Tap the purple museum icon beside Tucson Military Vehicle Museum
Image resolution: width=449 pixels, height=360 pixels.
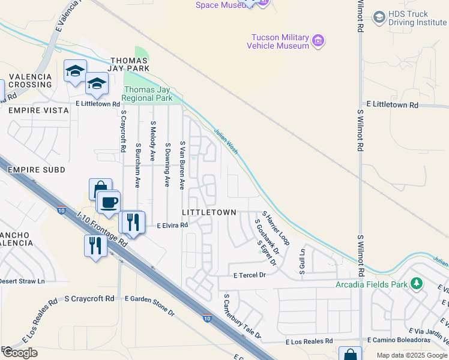(x=319, y=41)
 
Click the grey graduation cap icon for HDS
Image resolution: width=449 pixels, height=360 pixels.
(x=379, y=17)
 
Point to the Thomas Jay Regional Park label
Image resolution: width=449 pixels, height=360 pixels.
(x=148, y=94)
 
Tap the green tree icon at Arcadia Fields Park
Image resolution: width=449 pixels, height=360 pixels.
(x=415, y=284)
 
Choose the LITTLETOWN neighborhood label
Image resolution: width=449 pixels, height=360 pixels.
(x=209, y=213)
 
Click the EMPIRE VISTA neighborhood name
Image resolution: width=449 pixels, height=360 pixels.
(x=34, y=110)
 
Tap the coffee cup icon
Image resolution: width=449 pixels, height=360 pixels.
(x=108, y=202)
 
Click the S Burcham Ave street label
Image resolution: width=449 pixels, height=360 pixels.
(x=138, y=166)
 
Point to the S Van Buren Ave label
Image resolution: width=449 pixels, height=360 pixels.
(x=182, y=166)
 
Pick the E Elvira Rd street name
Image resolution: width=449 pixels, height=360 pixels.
(x=172, y=226)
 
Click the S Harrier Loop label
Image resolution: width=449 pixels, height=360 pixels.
(x=276, y=228)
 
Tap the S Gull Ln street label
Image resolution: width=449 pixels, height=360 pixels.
(x=303, y=263)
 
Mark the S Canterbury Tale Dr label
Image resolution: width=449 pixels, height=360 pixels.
(x=242, y=317)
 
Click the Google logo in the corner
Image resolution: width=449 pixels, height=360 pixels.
(x=19, y=353)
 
